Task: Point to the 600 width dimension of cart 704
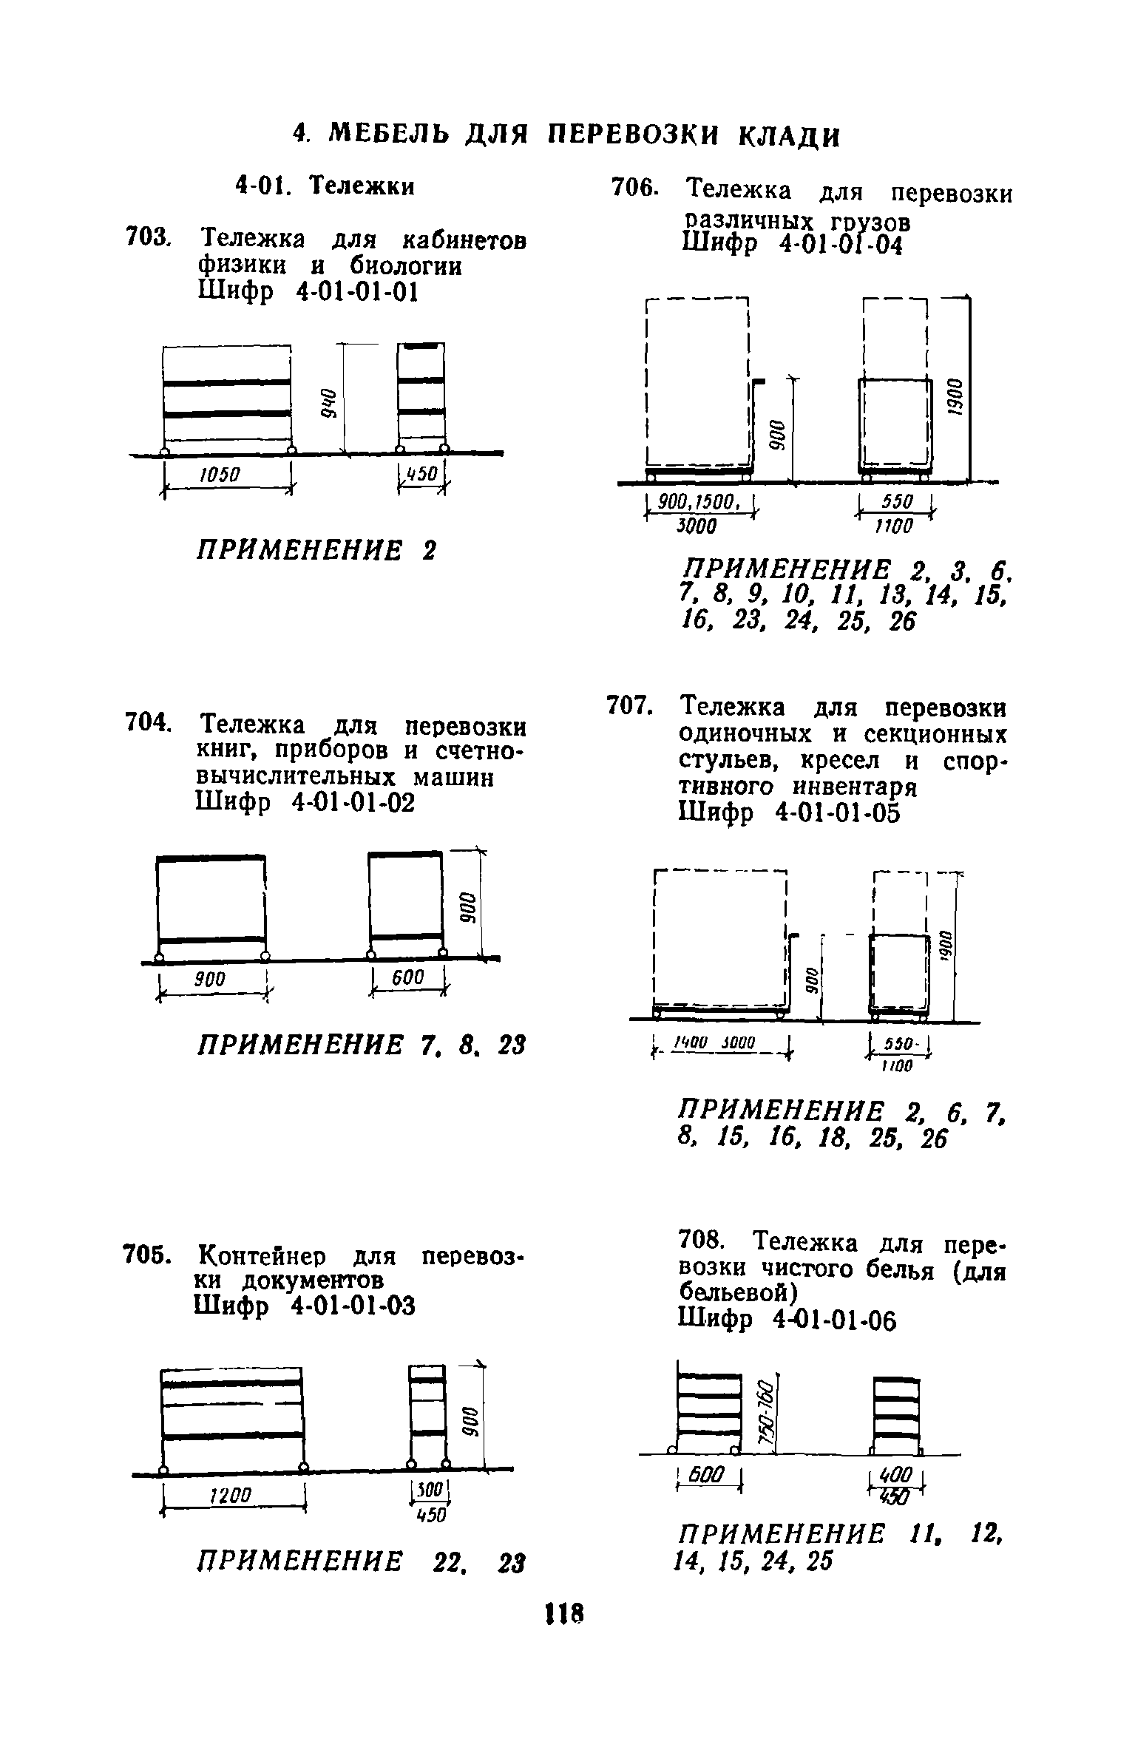coord(407,978)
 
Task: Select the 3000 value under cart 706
coord(697,526)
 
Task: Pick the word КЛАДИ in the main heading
coord(790,135)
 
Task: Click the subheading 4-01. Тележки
coord(325,185)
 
